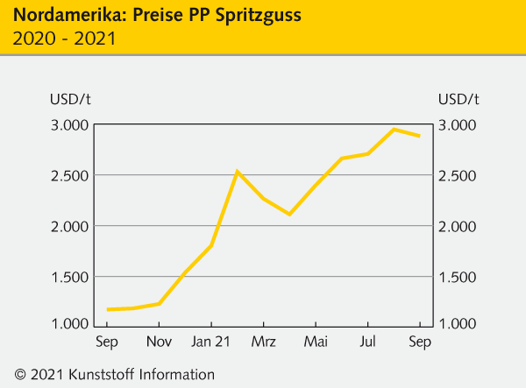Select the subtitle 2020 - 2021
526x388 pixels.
pos(64,39)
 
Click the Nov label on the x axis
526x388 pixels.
pos(159,342)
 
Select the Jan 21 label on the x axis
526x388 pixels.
pos(211,342)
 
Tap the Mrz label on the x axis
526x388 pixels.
pos(263,342)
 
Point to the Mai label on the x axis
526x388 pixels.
pos(316,342)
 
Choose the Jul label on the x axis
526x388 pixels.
pos(368,342)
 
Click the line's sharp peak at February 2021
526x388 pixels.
pos(237,172)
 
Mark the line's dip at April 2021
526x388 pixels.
pos(289,214)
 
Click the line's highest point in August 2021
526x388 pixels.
pos(394,130)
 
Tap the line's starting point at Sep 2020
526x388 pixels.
pos(107,309)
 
